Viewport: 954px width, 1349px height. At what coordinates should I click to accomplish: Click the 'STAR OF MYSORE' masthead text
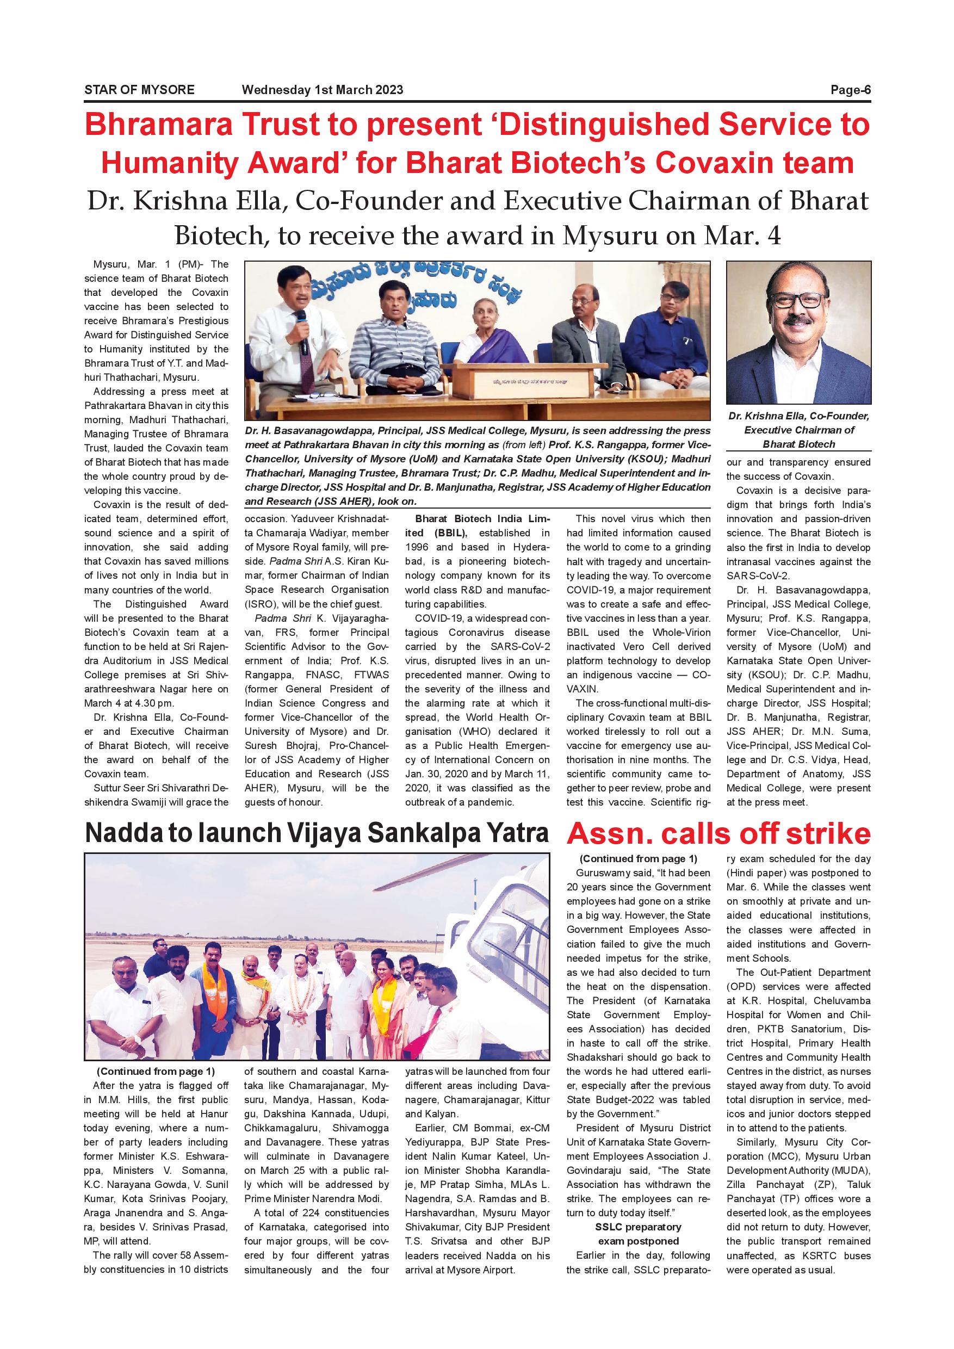point(139,90)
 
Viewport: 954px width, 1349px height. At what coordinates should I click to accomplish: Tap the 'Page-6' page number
point(850,90)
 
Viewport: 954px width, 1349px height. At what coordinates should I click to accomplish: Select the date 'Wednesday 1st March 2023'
point(323,90)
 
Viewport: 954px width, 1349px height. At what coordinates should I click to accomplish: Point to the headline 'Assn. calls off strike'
point(718,834)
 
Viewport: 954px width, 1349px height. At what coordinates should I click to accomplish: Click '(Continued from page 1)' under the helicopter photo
point(156,1071)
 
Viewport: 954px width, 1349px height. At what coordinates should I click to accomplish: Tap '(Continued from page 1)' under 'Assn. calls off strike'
point(638,858)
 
